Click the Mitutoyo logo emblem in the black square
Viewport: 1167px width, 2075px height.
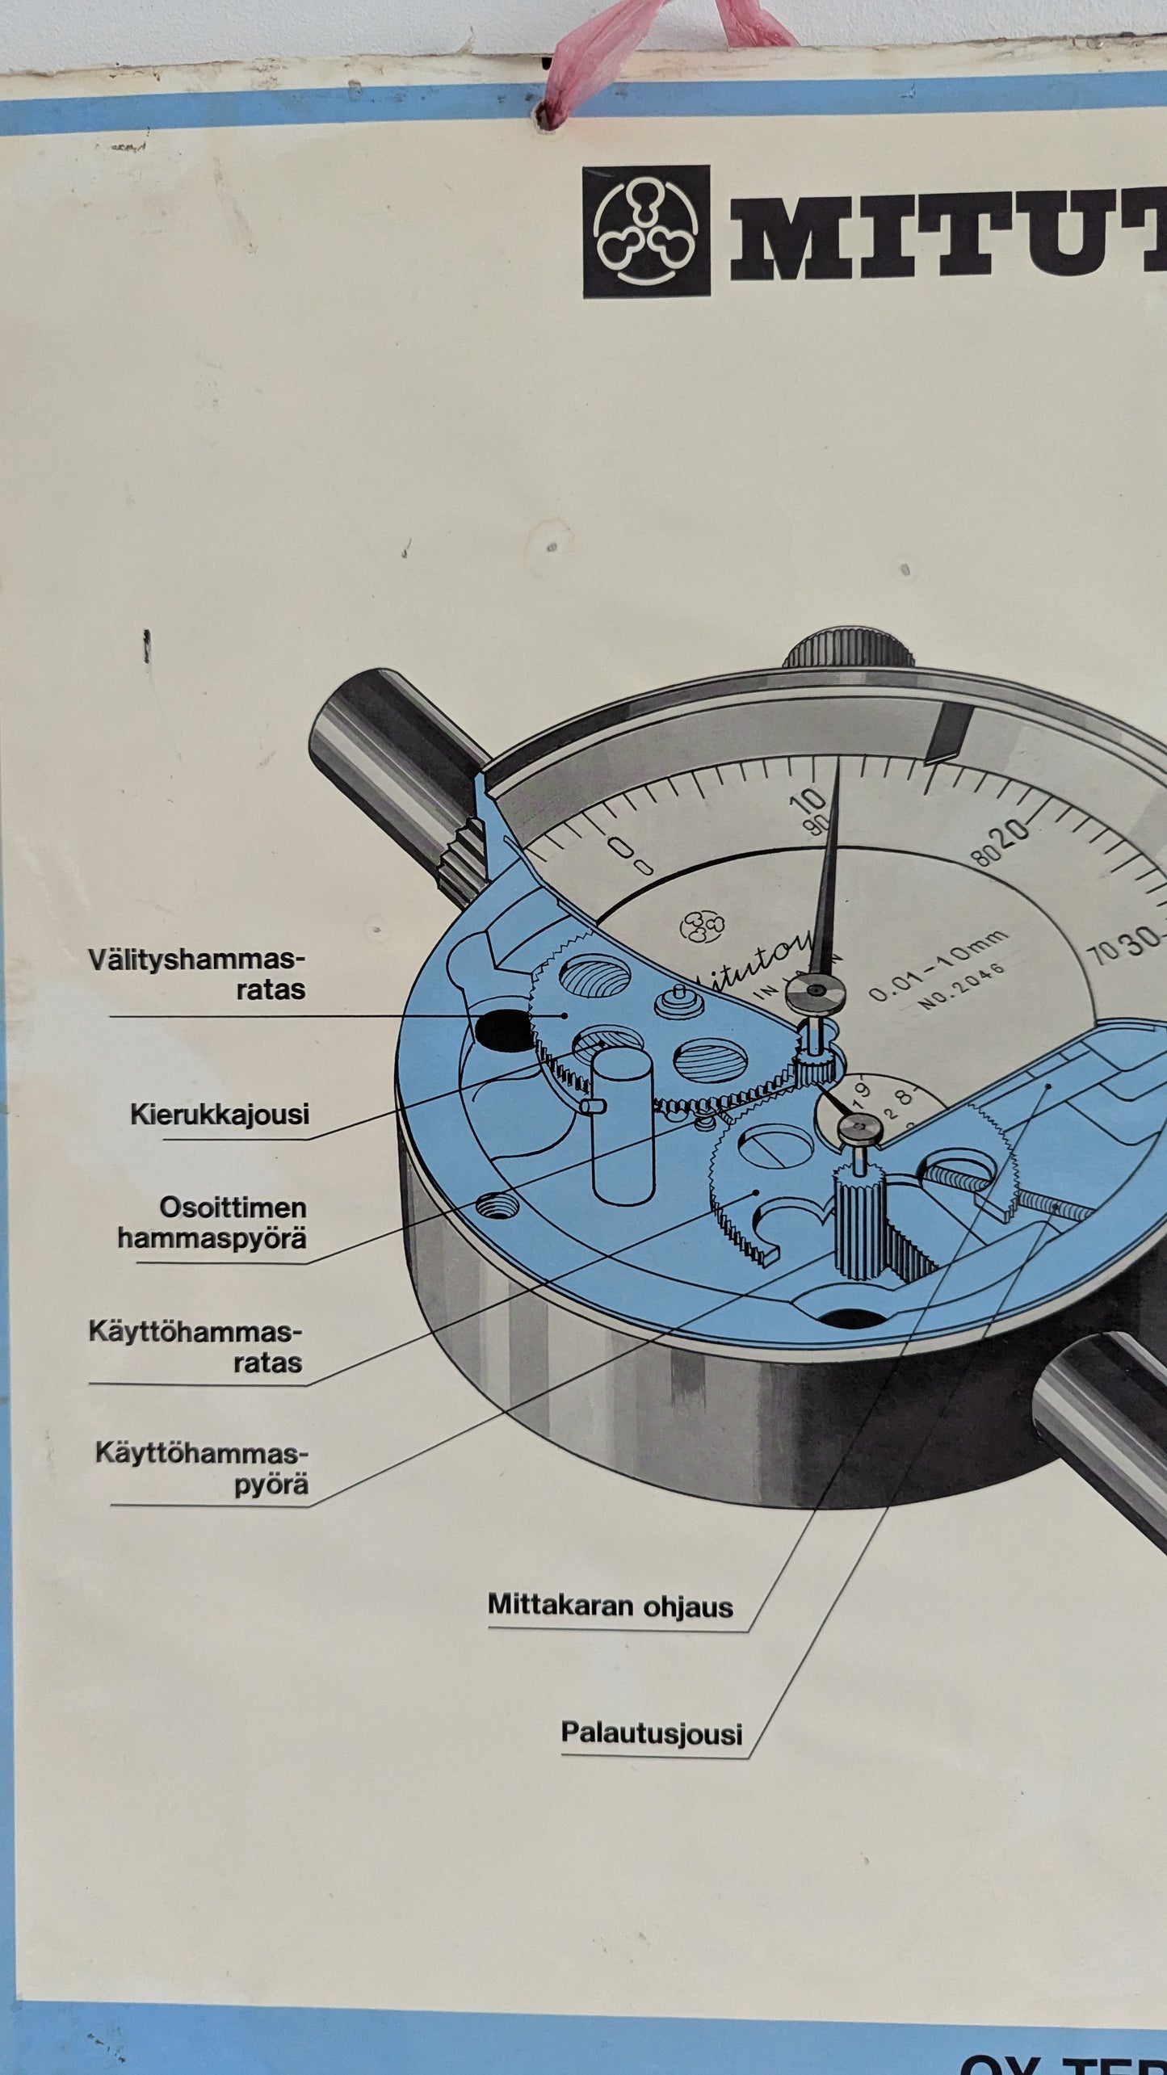pos(646,232)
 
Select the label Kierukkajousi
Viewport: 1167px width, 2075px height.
pos(220,1115)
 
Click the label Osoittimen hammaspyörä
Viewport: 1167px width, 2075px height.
pos(212,1223)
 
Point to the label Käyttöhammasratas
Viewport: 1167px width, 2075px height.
pos(195,1346)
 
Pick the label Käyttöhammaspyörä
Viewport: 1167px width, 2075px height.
pos(202,1469)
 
